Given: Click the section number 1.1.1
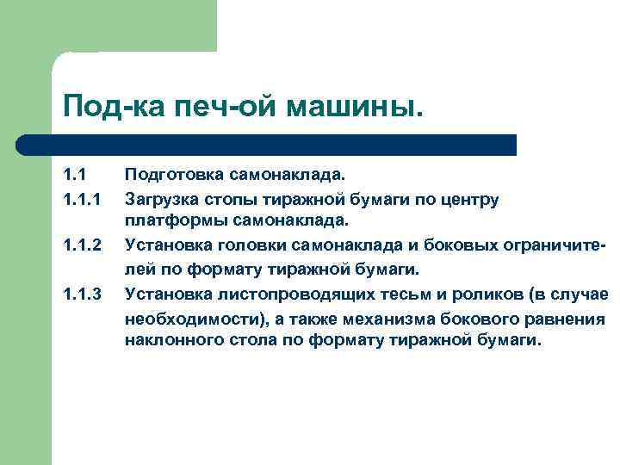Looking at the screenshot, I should click(x=81, y=200).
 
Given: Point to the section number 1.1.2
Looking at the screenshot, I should click(x=81, y=247).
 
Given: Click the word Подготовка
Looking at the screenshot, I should click(x=175, y=177).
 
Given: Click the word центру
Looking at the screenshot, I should click(x=468, y=200).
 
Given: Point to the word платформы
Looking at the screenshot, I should click(x=168, y=223).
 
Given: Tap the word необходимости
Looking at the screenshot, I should click(x=183, y=318).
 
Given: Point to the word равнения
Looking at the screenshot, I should click(x=568, y=318).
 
